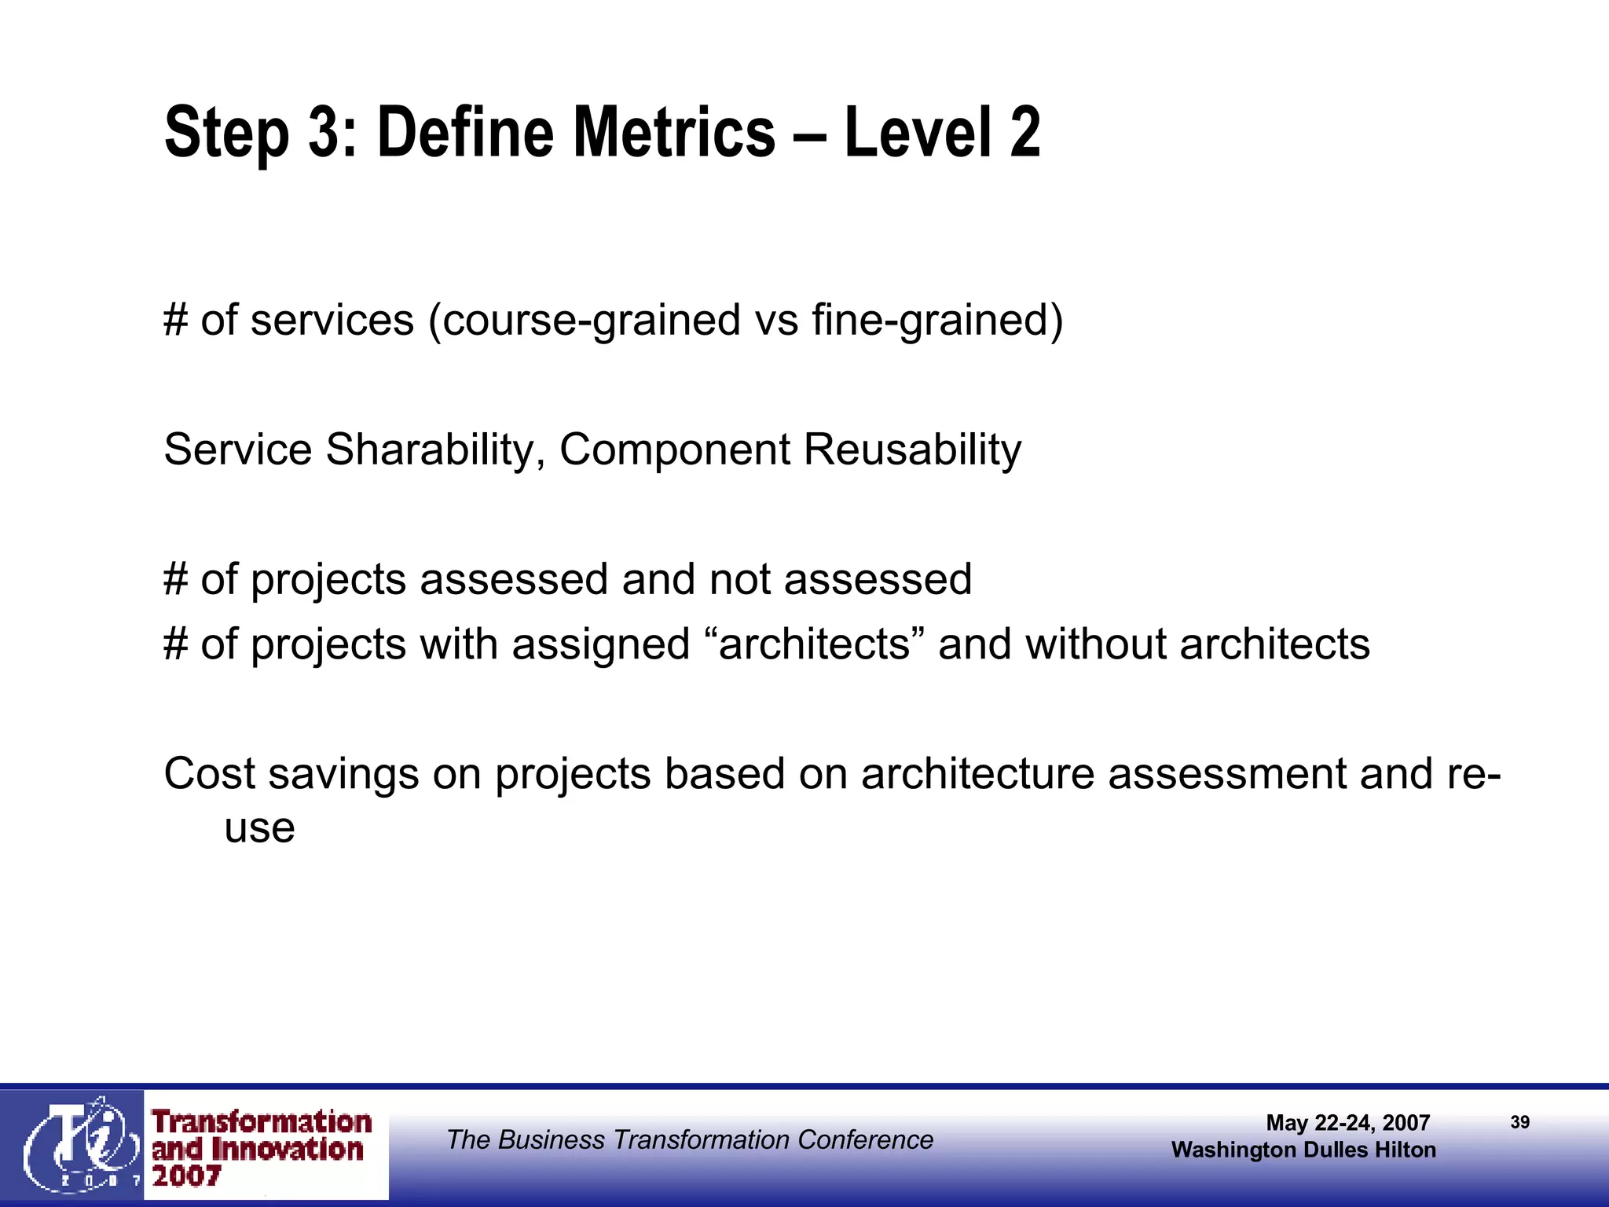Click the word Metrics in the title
click(x=674, y=132)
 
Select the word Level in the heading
click(x=918, y=132)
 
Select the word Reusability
click(x=912, y=450)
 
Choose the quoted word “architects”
click(x=813, y=644)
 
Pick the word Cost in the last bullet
click(x=209, y=774)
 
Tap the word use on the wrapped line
click(x=259, y=828)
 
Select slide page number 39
click(x=1519, y=1122)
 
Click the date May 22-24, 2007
click(x=1347, y=1123)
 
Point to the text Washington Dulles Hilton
click(x=1303, y=1150)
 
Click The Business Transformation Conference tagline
click(x=689, y=1139)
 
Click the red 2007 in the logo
click(x=186, y=1176)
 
